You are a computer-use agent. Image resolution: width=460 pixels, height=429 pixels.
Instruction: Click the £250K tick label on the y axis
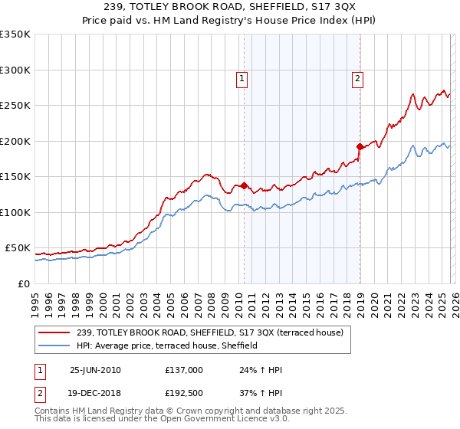pyautogui.click(x=15, y=105)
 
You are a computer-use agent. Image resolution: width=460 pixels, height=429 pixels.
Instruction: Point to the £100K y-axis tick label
pyautogui.click(x=15, y=212)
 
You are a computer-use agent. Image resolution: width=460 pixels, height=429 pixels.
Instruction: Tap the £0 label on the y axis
pyautogui.click(x=23, y=283)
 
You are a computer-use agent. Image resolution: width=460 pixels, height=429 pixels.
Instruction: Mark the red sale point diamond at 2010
pyautogui.click(x=244, y=185)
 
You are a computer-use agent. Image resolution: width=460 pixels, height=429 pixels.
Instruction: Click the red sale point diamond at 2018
pyautogui.click(x=359, y=146)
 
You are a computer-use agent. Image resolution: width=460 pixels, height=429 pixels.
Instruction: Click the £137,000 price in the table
pyautogui.click(x=183, y=370)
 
